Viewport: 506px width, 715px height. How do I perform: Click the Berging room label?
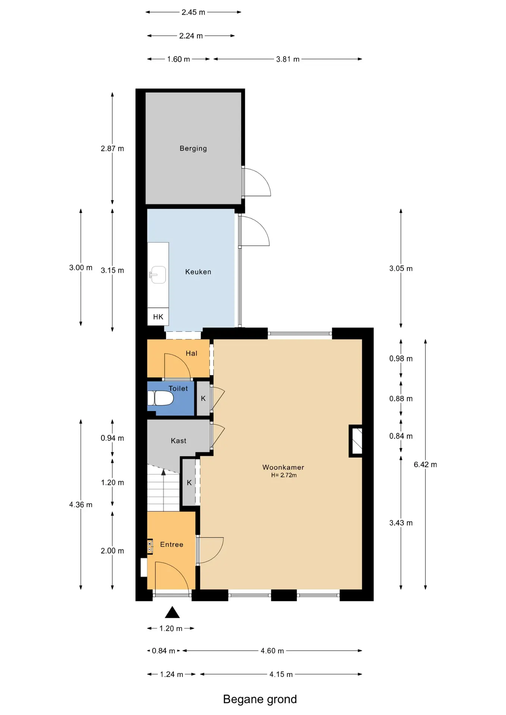pyautogui.click(x=193, y=148)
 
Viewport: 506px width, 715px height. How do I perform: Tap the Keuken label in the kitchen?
pyautogui.click(x=198, y=272)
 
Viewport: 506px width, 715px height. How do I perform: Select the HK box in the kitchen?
pyautogui.click(x=158, y=317)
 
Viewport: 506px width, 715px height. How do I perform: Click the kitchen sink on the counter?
pyautogui.click(x=158, y=275)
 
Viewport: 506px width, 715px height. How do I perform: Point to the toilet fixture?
pyautogui.click(x=161, y=398)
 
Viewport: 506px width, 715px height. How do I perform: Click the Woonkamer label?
pyautogui.click(x=283, y=467)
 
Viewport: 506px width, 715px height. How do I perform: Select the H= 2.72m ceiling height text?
pyautogui.click(x=284, y=475)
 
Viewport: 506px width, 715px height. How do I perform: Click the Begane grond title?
pyautogui.click(x=260, y=699)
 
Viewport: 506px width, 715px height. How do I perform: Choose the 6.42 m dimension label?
pyautogui.click(x=425, y=464)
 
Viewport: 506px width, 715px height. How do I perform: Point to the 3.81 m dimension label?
pyautogui.click(x=288, y=59)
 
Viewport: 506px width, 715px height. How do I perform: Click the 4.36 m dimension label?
pyautogui.click(x=80, y=505)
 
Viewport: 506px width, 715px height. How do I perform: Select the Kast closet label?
pyautogui.click(x=178, y=441)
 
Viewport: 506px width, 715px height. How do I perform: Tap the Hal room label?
pyautogui.click(x=192, y=353)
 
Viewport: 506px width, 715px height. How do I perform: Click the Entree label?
pyautogui.click(x=172, y=544)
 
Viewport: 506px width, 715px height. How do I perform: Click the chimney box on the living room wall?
pyautogui.click(x=355, y=441)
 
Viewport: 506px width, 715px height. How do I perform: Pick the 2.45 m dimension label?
pyautogui.click(x=193, y=12)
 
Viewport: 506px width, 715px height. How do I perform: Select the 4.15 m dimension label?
pyautogui.click(x=281, y=674)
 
